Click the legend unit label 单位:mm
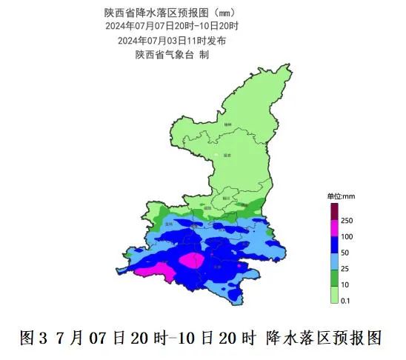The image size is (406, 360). click(342, 196)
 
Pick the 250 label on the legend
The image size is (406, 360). click(347, 221)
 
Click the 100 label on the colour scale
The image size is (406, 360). click(347, 237)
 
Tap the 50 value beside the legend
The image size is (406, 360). click(345, 253)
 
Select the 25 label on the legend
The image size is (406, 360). click(345, 269)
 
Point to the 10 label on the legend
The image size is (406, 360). click(345, 285)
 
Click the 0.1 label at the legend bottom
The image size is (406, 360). click(346, 301)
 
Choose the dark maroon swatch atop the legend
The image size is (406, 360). click(333, 210)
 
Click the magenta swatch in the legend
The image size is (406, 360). click(333, 228)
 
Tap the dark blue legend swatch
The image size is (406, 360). click(333, 244)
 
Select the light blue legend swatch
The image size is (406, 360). click(333, 261)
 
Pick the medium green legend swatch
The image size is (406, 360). click(333, 277)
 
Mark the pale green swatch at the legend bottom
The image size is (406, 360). click(333, 294)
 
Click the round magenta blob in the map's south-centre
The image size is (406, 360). click(193, 260)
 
